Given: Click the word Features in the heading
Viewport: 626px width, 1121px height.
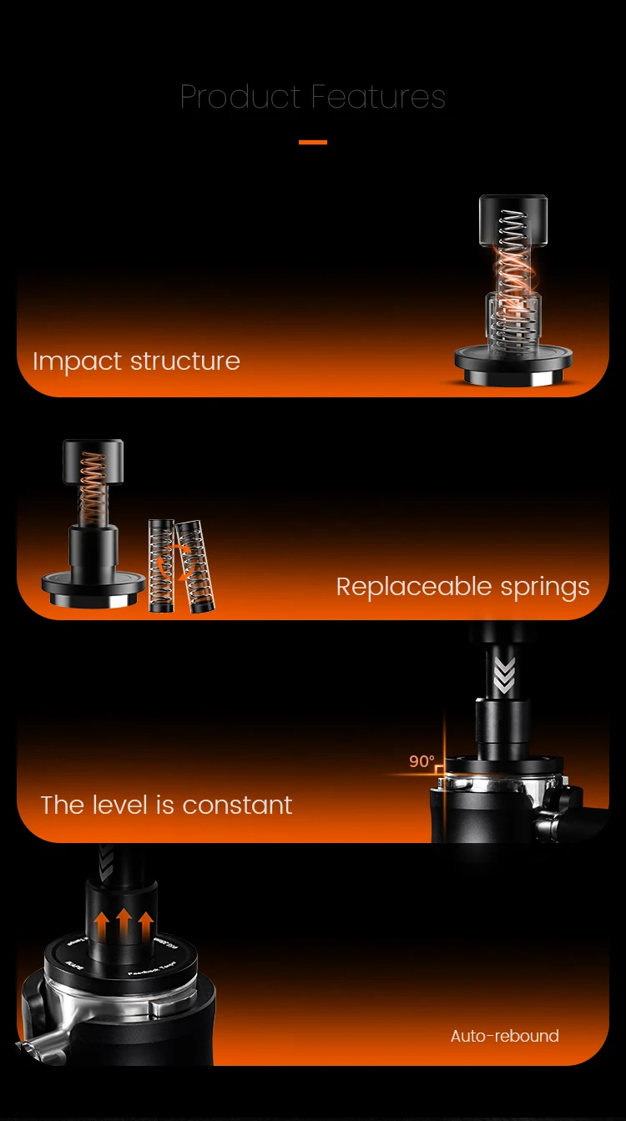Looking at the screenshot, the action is [380, 97].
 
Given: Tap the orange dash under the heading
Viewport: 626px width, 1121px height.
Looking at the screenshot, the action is [313, 143].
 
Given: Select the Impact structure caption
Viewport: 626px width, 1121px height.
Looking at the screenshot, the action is [136, 361].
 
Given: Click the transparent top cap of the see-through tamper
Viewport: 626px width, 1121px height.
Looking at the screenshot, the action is [513, 220].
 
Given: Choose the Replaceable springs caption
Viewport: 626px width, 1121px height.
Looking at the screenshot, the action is [462, 587].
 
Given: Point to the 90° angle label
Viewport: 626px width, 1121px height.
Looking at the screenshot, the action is [422, 761].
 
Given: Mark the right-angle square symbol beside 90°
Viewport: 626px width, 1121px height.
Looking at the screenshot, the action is [440, 768].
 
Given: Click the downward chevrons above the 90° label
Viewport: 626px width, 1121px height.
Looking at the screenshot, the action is [504, 675].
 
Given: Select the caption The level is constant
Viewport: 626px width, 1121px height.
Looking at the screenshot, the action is [166, 805].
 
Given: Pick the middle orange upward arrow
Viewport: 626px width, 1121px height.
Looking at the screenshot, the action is [124, 924].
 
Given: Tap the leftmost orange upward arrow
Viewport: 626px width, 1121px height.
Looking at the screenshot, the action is [103, 926].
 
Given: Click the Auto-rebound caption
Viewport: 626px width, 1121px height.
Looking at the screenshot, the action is [504, 1036].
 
